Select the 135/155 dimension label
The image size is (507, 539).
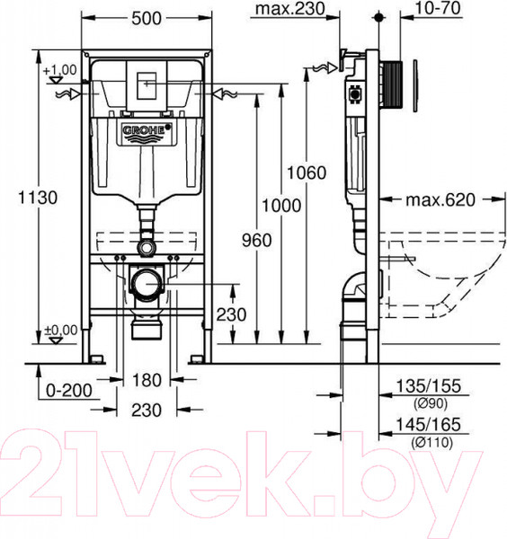(422, 387)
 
